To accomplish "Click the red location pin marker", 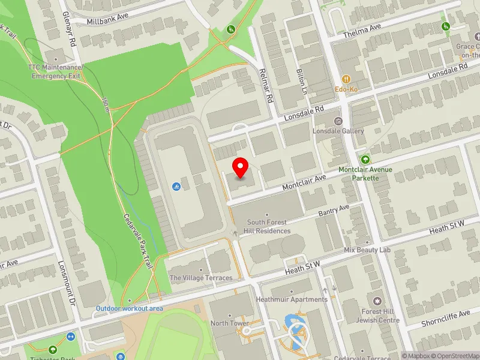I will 241,167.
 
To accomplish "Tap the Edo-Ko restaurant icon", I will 346,79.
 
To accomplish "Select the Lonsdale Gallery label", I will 338,131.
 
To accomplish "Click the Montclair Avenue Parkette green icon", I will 365,159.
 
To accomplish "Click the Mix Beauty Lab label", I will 367,250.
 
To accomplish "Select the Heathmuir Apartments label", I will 292,299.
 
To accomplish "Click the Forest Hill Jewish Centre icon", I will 377,300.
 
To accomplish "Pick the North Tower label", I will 230,323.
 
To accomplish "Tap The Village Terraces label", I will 201,278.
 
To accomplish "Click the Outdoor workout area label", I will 130,308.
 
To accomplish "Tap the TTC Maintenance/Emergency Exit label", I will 55,71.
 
